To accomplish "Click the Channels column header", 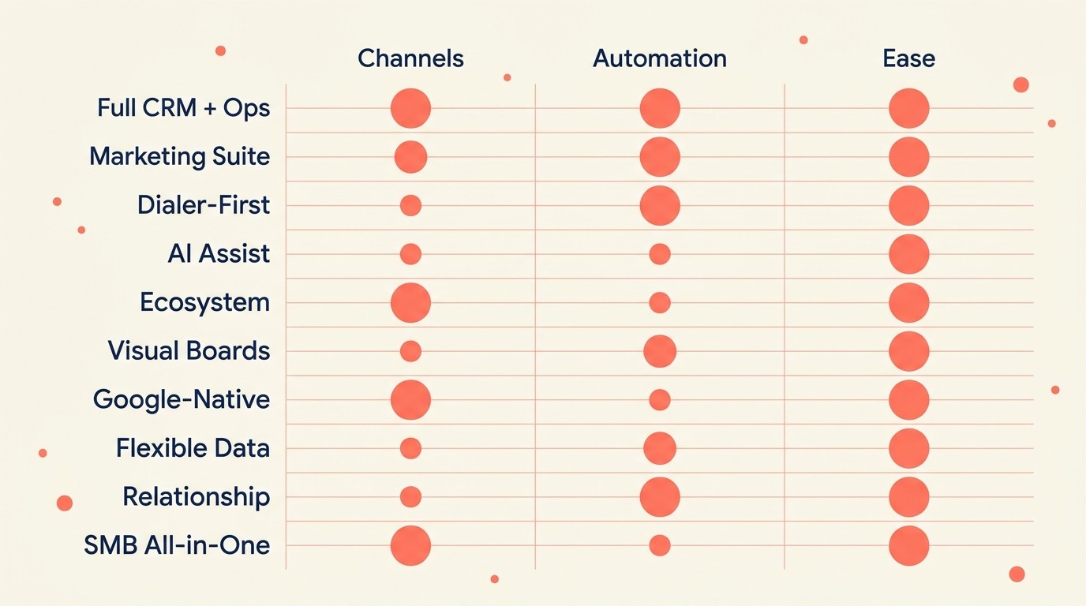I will [x=410, y=58].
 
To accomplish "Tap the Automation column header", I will [x=660, y=58].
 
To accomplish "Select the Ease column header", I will [x=909, y=58].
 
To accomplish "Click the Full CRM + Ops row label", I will [x=183, y=108].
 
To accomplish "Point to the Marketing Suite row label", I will [x=179, y=156].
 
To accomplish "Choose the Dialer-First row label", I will [x=203, y=205].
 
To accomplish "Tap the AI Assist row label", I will [x=219, y=254].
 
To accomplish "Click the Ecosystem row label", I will [x=204, y=302].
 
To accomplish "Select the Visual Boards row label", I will [x=189, y=351].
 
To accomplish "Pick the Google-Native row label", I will [x=182, y=399].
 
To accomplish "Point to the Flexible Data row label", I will [x=193, y=448].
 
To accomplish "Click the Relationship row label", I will [x=196, y=497].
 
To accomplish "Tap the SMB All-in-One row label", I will [x=177, y=545].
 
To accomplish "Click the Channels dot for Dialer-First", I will [x=410, y=205].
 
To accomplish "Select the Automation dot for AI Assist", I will [x=660, y=254].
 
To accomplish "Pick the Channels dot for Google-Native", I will [x=410, y=399].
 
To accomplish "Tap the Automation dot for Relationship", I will [x=660, y=497].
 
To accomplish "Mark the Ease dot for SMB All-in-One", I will [x=909, y=545].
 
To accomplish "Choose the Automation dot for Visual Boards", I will [x=660, y=351].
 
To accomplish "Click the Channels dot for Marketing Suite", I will [x=410, y=156].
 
